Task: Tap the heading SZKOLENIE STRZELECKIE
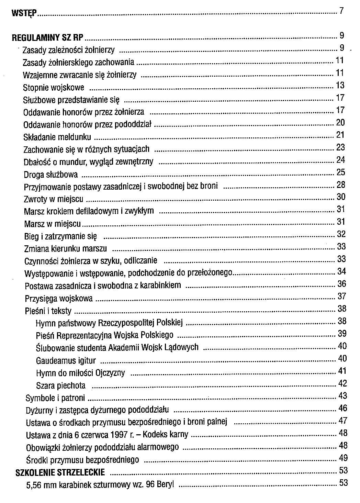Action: pos(60,472)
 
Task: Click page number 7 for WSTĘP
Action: pos(341,11)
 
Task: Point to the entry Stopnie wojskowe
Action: pos(54,88)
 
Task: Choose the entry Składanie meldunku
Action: pos(57,137)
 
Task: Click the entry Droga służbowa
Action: pos(51,175)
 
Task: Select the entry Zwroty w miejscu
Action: pos(54,199)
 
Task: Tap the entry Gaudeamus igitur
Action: pos(66,361)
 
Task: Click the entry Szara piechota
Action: pos(60,385)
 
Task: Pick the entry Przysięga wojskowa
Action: pos(59,298)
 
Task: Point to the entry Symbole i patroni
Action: pos(55,398)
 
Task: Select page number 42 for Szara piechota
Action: pos(342,383)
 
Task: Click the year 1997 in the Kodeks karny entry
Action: pos(119,435)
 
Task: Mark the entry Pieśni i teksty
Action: pos(48,311)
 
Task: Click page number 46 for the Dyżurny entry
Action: pos(342,408)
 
